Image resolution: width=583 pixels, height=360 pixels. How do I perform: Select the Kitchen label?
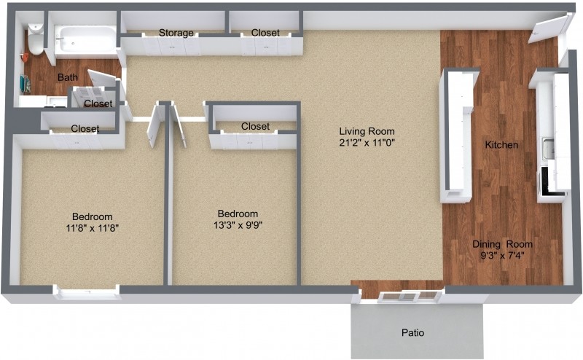501,145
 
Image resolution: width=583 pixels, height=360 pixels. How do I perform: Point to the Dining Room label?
502,244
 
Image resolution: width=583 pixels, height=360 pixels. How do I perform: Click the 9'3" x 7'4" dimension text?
502,256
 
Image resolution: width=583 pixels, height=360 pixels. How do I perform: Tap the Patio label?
412,333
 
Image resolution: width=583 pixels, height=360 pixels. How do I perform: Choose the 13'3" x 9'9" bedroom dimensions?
238,224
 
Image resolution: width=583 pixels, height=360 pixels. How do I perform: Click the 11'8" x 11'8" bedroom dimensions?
92,227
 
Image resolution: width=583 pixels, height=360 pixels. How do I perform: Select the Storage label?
176,33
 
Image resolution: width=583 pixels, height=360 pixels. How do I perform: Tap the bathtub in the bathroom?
87,40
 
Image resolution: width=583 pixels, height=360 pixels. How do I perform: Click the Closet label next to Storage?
266,33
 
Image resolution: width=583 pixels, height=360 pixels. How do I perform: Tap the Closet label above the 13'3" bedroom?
255,126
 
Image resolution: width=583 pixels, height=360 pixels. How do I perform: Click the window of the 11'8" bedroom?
87,293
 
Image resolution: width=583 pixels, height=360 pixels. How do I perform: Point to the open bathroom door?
102,80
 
